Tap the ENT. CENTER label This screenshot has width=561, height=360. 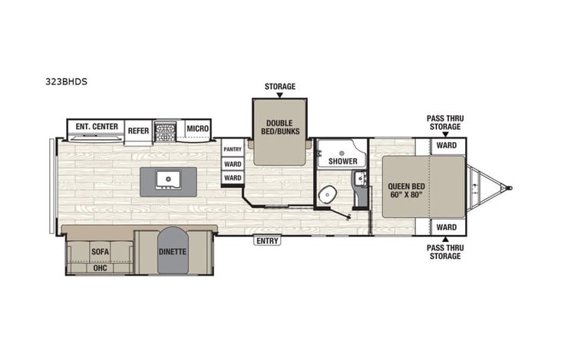coord(95,126)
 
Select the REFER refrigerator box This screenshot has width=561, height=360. coord(138,130)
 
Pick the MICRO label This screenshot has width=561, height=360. coord(197,128)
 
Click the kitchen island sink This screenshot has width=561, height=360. coord(167,180)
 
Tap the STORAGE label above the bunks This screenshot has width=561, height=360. coord(280,87)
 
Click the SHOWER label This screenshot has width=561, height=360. coord(343,161)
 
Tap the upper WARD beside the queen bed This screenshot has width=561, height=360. coord(447,146)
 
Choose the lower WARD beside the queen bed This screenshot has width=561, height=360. coord(447,228)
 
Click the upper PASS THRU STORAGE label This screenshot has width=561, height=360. coord(445,123)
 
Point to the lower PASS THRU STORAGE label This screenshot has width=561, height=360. coord(445,252)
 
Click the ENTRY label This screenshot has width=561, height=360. coord(268,241)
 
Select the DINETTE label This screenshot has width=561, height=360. coord(173,250)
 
